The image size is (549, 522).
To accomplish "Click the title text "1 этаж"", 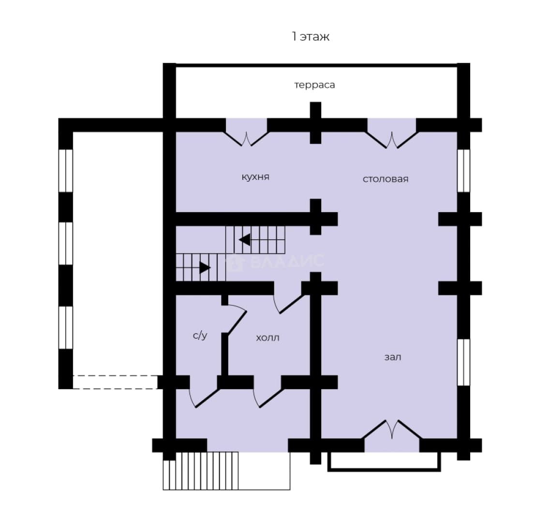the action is click(x=311, y=36).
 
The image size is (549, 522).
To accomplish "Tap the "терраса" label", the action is click(x=314, y=85).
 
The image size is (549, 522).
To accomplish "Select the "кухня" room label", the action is click(x=255, y=177).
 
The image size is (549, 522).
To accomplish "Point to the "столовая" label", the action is click(x=386, y=179).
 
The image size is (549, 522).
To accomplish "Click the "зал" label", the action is click(x=393, y=357).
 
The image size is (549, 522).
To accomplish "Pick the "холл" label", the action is click(x=267, y=338).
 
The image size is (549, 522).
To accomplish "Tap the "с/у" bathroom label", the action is click(x=200, y=335).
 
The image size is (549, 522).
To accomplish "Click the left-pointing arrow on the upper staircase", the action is click(x=244, y=240).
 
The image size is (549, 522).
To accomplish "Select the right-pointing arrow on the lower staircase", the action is click(x=205, y=268).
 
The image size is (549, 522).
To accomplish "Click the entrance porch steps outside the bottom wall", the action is click(x=201, y=471).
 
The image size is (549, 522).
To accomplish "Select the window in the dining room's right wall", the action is click(x=463, y=171).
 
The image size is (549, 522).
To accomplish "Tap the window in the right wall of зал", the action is click(x=463, y=362).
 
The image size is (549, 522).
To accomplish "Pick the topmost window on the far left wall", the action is click(x=65, y=171).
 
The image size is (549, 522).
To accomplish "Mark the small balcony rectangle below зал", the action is click(x=384, y=462).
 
